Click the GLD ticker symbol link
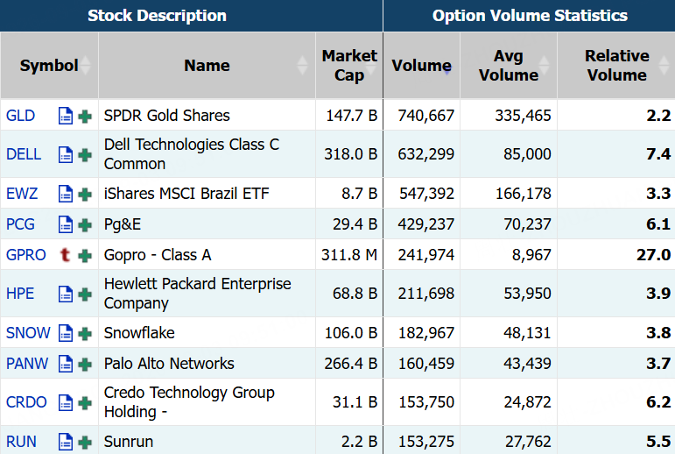click(20, 116)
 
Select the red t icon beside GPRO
click(65, 255)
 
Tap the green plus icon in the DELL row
click(85, 154)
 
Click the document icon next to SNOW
click(65, 333)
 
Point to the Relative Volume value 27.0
click(653, 255)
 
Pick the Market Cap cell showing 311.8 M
click(349, 255)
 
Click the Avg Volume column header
click(509, 66)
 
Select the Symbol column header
click(49, 66)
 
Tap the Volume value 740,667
click(426, 116)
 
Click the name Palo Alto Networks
click(169, 364)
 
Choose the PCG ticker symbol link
click(20, 224)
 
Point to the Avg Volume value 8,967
click(531, 255)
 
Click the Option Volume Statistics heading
click(530, 16)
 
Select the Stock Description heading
click(157, 16)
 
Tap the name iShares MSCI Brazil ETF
click(186, 194)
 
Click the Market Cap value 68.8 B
click(355, 294)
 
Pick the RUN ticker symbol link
click(21, 442)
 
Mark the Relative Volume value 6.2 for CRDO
click(658, 401)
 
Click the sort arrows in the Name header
click(303, 66)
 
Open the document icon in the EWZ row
click(65, 194)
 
